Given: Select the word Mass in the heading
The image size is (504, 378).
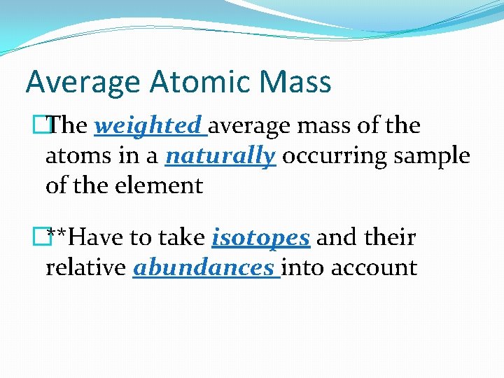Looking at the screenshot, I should tap(294, 82).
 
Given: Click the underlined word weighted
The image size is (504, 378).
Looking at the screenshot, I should tap(148, 126).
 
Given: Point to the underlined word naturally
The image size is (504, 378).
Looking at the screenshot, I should tap(220, 156).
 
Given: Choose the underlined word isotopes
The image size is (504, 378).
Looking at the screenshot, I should tap(260, 238).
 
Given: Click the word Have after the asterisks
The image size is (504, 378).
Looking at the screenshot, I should tap(99, 238).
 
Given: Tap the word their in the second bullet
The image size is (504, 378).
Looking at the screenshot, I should tap(391, 238).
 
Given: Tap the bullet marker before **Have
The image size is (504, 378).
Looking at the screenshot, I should tap(47, 237).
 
